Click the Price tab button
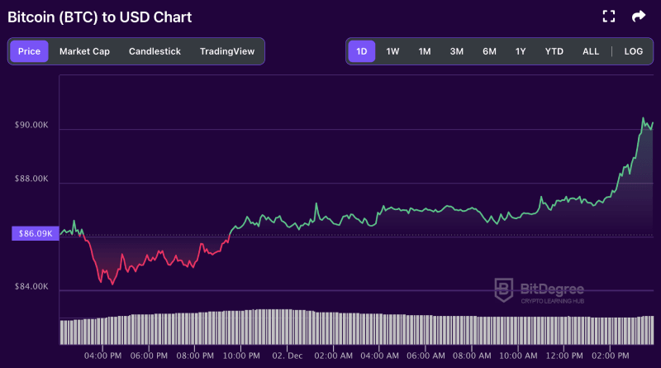point(29,51)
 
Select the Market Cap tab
point(84,51)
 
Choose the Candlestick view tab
point(155,51)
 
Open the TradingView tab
point(227,51)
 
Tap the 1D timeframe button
point(361,51)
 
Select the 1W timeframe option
point(392,51)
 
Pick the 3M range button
point(457,51)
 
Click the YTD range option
point(554,51)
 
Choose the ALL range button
point(591,51)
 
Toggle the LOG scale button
point(634,51)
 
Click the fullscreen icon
point(609,16)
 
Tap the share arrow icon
point(638,16)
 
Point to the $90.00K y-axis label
point(32,125)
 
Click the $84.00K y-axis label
point(32,287)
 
